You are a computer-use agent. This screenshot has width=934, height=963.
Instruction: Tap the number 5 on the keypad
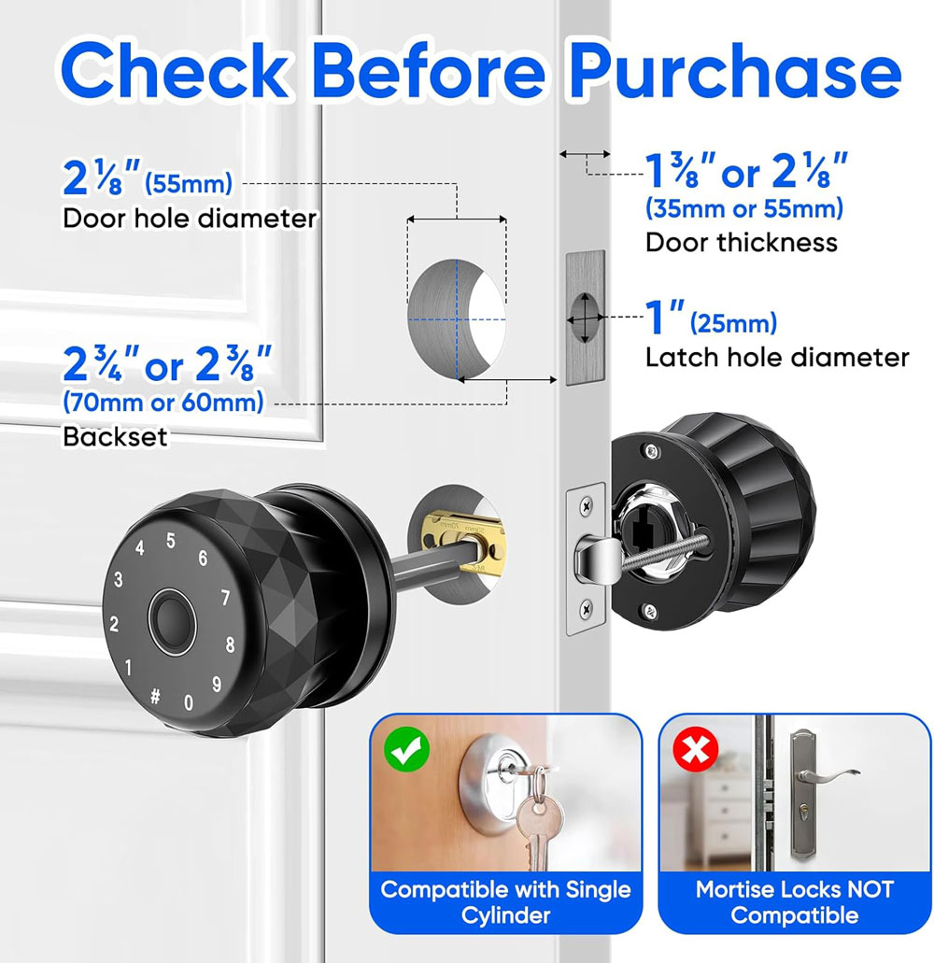[x=171, y=541]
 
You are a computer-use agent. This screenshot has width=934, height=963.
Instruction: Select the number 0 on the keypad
[x=189, y=702]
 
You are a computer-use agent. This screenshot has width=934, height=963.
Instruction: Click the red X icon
[x=696, y=749]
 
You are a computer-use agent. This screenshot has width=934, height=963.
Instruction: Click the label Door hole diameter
[x=190, y=219]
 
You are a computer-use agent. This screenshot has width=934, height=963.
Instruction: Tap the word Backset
[x=115, y=437]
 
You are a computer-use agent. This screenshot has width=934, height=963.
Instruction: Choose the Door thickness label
[x=742, y=243]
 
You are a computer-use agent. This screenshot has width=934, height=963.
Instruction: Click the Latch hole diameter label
[x=777, y=358]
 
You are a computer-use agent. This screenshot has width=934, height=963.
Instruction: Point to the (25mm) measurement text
[x=734, y=323]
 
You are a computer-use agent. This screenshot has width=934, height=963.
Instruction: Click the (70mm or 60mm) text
[x=163, y=403]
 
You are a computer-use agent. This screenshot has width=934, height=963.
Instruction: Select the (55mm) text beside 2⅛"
[x=189, y=183]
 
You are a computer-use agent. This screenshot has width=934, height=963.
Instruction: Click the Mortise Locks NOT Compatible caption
[x=794, y=902]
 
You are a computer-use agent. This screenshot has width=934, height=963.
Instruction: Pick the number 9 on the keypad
[x=216, y=684]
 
